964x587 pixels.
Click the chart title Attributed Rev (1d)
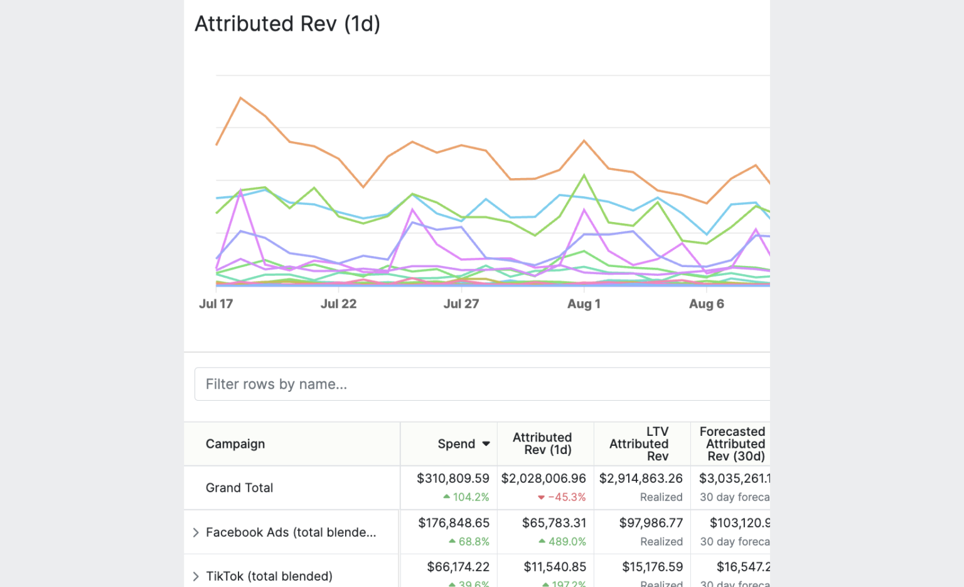[287, 24]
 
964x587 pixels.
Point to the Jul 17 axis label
[216, 304]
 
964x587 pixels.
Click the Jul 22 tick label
[338, 304]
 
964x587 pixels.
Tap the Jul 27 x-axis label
[461, 304]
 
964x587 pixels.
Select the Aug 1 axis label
[584, 304]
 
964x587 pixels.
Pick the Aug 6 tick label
[706, 304]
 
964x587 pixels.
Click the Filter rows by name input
[482, 384]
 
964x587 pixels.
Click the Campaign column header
[235, 444]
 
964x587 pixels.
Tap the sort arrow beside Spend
[486, 444]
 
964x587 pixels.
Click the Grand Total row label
[239, 488]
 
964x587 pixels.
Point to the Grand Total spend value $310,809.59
[453, 479]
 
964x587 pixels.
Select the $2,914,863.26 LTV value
[641, 479]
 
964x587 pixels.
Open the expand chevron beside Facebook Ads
[196, 532]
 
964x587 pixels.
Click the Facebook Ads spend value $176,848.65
[454, 523]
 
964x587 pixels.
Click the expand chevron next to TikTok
[196, 576]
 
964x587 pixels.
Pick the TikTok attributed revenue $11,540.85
[555, 567]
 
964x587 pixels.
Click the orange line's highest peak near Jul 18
[241, 98]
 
